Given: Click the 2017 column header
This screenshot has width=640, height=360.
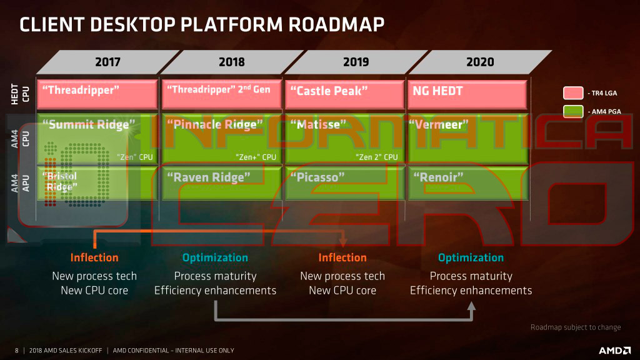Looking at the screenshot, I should tap(107, 62).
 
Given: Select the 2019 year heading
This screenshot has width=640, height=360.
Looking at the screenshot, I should tap(356, 62).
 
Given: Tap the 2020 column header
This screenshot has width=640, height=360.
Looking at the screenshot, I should tap(480, 62).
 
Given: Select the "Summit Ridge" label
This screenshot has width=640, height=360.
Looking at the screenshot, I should tap(88, 124).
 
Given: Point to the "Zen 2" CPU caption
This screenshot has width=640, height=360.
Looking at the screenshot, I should tap(376, 157).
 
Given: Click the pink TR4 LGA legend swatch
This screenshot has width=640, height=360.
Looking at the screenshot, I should tap(573, 93).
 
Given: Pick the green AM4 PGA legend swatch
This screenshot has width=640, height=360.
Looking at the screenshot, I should tap(573, 112).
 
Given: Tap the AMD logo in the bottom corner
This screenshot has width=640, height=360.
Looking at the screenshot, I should tap(614, 350).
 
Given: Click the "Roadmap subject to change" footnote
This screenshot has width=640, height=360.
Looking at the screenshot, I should tap(576, 327).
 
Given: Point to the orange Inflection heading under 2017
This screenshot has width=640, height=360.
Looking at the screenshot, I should tap(94, 257).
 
